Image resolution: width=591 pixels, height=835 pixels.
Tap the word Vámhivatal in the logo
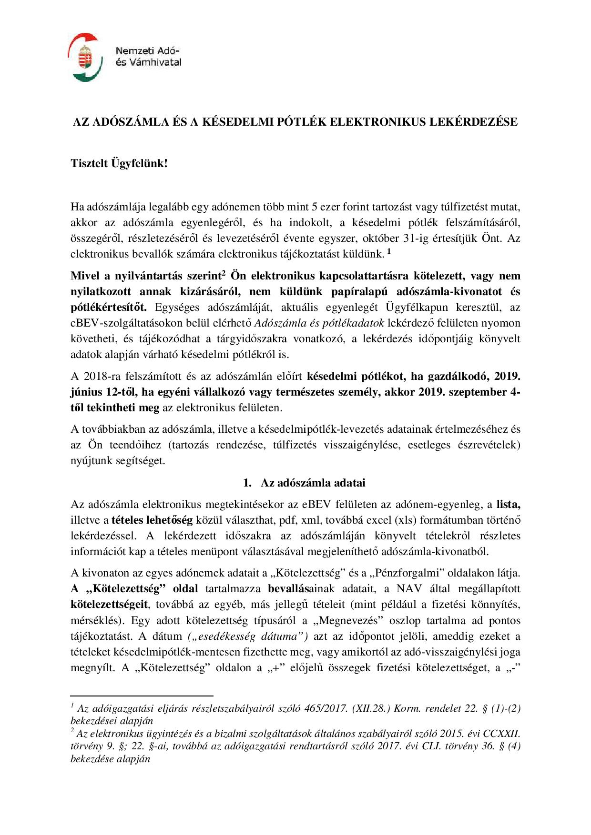154,62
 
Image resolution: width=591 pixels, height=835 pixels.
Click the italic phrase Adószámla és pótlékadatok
319,323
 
